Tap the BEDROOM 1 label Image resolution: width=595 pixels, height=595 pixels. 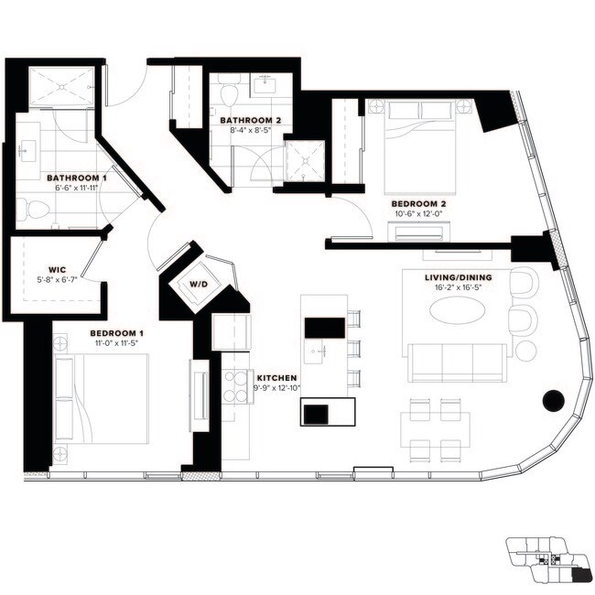click(x=116, y=332)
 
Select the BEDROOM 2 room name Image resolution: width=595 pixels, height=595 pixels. click(x=418, y=203)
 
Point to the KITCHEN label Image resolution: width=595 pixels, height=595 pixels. click(x=276, y=377)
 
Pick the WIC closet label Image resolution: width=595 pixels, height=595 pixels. click(x=46, y=270)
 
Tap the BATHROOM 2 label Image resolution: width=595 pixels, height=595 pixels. click(x=250, y=120)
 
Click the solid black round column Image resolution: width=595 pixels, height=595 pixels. click(x=552, y=399)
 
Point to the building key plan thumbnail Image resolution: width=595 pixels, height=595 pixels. click(x=547, y=561)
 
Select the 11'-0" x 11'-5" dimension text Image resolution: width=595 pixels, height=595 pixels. click(x=116, y=344)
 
